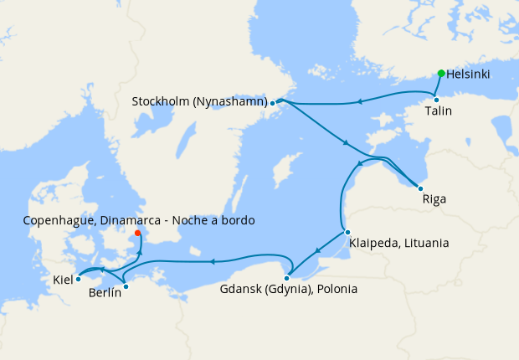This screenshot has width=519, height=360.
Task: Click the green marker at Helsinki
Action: (x=441, y=73)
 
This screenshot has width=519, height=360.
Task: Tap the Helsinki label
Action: (x=468, y=75)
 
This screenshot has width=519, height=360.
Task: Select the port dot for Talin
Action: (x=436, y=100)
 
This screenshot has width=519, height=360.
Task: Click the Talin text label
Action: (x=439, y=111)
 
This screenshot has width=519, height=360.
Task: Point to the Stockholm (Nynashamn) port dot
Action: (x=272, y=103)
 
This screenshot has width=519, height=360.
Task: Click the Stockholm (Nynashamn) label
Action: (x=199, y=101)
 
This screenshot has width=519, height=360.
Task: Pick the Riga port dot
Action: (x=420, y=188)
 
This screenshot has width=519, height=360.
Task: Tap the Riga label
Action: (x=434, y=200)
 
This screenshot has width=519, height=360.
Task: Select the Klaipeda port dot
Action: (x=347, y=232)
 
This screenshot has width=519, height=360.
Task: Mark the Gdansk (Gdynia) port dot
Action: (x=287, y=278)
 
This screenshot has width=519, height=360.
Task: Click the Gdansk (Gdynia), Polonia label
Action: (x=288, y=291)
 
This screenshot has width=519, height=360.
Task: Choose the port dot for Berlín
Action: (x=126, y=287)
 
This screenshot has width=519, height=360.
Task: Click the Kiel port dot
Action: (x=78, y=279)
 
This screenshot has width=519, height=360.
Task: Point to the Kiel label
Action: (x=63, y=279)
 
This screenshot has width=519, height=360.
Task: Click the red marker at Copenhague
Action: (x=138, y=234)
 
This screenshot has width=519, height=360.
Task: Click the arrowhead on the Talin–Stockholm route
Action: (x=359, y=102)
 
